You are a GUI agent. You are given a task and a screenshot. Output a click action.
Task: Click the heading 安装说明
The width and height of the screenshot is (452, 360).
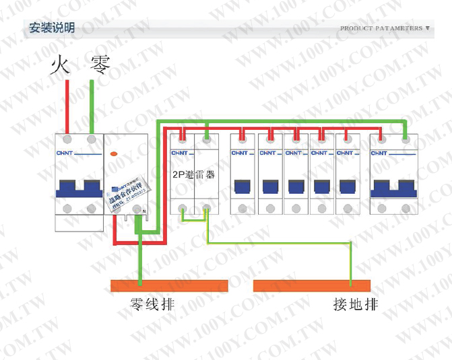click(51, 28)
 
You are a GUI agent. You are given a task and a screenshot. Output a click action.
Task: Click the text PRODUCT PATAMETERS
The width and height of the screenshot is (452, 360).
click(381, 28)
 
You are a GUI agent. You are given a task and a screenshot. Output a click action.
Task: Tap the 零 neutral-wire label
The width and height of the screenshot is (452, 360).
click(100, 65)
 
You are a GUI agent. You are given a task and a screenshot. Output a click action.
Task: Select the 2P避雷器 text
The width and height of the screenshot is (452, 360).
click(194, 174)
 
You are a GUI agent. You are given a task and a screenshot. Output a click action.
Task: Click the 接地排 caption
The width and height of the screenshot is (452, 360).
click(355, 304)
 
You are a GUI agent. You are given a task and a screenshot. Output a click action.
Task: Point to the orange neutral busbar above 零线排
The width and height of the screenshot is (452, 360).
click(169, 285)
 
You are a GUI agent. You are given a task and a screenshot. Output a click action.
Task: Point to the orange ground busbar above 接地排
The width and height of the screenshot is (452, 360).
click(311, 285)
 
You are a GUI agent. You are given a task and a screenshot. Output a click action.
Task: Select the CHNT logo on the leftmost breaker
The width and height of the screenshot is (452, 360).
click(67, 153)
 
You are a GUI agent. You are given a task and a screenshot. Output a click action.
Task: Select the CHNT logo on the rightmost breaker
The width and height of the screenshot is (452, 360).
click(381, 153)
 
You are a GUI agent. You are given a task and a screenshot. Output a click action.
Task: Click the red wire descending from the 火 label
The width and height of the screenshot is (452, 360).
click(67, 104)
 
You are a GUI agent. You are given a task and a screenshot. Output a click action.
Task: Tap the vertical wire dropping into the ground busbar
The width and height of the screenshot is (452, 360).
click(351, 262)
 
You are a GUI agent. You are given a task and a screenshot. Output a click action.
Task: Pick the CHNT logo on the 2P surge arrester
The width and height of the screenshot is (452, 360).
click(181, 153)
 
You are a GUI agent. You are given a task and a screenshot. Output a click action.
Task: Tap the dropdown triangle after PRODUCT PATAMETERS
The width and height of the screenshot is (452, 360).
click(427, 28)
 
